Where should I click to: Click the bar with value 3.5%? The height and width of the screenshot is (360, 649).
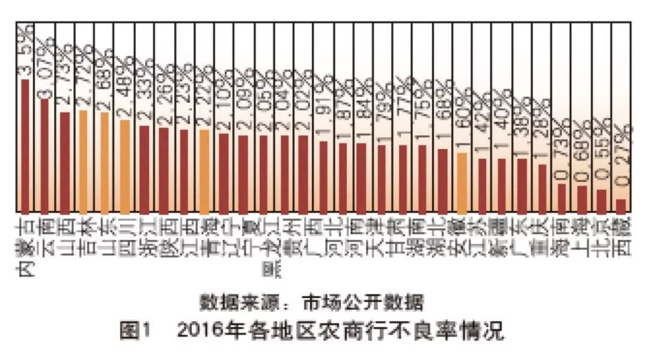pos(25,145)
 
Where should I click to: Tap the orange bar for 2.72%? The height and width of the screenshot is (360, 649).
pos(84,161)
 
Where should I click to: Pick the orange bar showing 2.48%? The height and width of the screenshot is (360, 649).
pos(124,166)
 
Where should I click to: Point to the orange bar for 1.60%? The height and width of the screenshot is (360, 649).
pos(462,183)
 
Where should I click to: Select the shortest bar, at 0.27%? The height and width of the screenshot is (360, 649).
pos(621,204)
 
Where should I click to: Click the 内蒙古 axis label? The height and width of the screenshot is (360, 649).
pos(25,246)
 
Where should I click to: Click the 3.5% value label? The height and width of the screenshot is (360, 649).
pos(25,54)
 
